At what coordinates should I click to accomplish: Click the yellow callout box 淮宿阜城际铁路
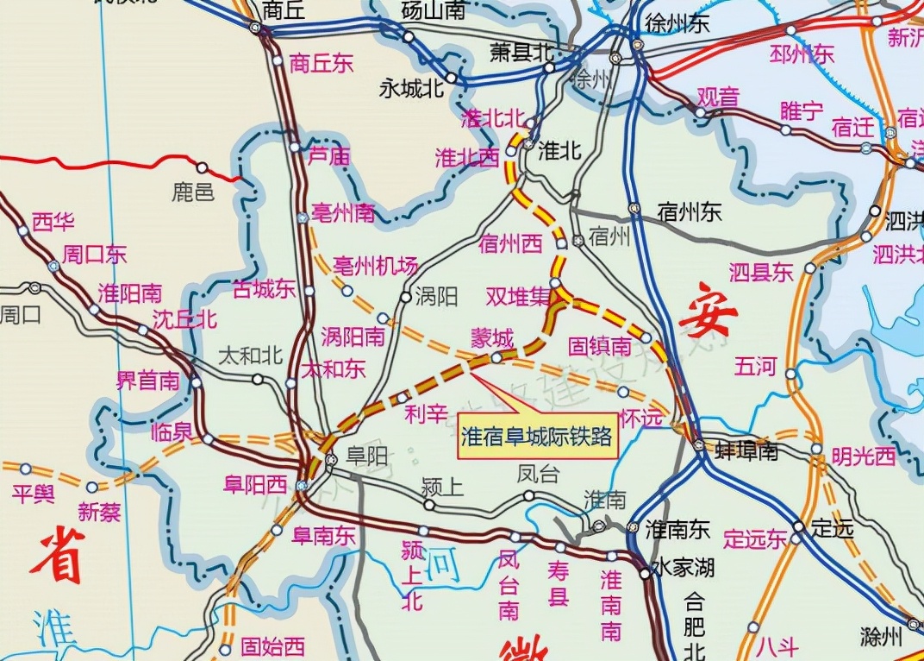coord(538,438)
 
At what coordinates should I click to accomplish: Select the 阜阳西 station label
coord(254,484)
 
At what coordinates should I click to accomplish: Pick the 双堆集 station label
coord(517,297)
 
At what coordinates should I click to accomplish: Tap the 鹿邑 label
coord(192,192)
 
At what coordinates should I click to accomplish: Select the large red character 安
coord(708,317)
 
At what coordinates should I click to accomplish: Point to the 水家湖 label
coord(683,568)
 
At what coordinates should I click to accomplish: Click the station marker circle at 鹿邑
coord(202,167)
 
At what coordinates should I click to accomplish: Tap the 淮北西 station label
coord(467,158)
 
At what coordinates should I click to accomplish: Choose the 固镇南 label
coord(600,347)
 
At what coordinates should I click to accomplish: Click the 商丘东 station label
coord(322,63)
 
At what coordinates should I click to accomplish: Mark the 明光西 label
coord(864,456)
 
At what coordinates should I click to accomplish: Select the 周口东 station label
coord(95,255)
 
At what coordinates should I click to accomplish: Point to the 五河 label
coord(755,366)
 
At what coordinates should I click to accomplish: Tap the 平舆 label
coord(34,494)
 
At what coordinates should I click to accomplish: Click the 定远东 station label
coord(755,539)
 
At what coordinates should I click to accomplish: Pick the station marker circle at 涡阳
coord(405,297)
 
